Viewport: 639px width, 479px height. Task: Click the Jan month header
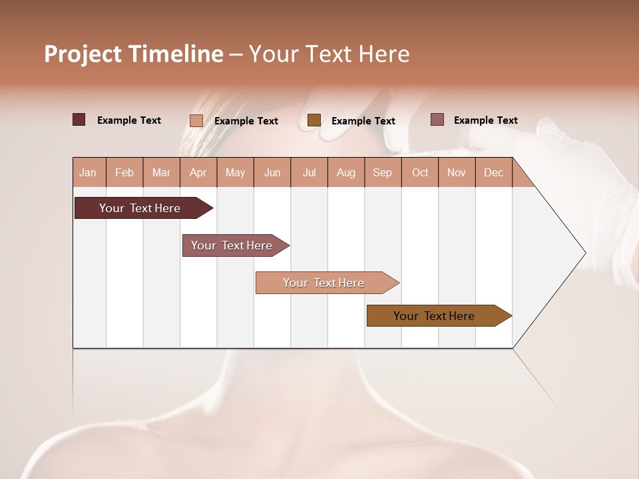point(88,172)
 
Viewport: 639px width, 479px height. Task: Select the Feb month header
point(124,172)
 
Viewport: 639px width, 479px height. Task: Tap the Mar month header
point(161,172)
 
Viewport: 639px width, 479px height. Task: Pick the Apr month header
point(198,172)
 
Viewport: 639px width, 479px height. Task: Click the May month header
point(235,172)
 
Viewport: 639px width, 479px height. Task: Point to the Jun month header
point(272,172)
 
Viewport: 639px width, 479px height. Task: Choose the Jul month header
point(309,172)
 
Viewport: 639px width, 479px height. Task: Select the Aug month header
point(345,172)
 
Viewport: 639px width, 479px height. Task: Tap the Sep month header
point(382,172)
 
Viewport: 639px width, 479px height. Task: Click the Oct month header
point(420,172)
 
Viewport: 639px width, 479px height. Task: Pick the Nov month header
point(457,172)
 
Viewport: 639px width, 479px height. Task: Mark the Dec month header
point(493,172)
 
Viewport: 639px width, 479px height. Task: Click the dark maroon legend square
point(79,120)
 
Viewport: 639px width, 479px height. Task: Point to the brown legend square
point(314,120)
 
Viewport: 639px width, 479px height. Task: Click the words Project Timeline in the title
point(134,54)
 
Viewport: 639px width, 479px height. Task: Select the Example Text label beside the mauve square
point(485,120)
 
